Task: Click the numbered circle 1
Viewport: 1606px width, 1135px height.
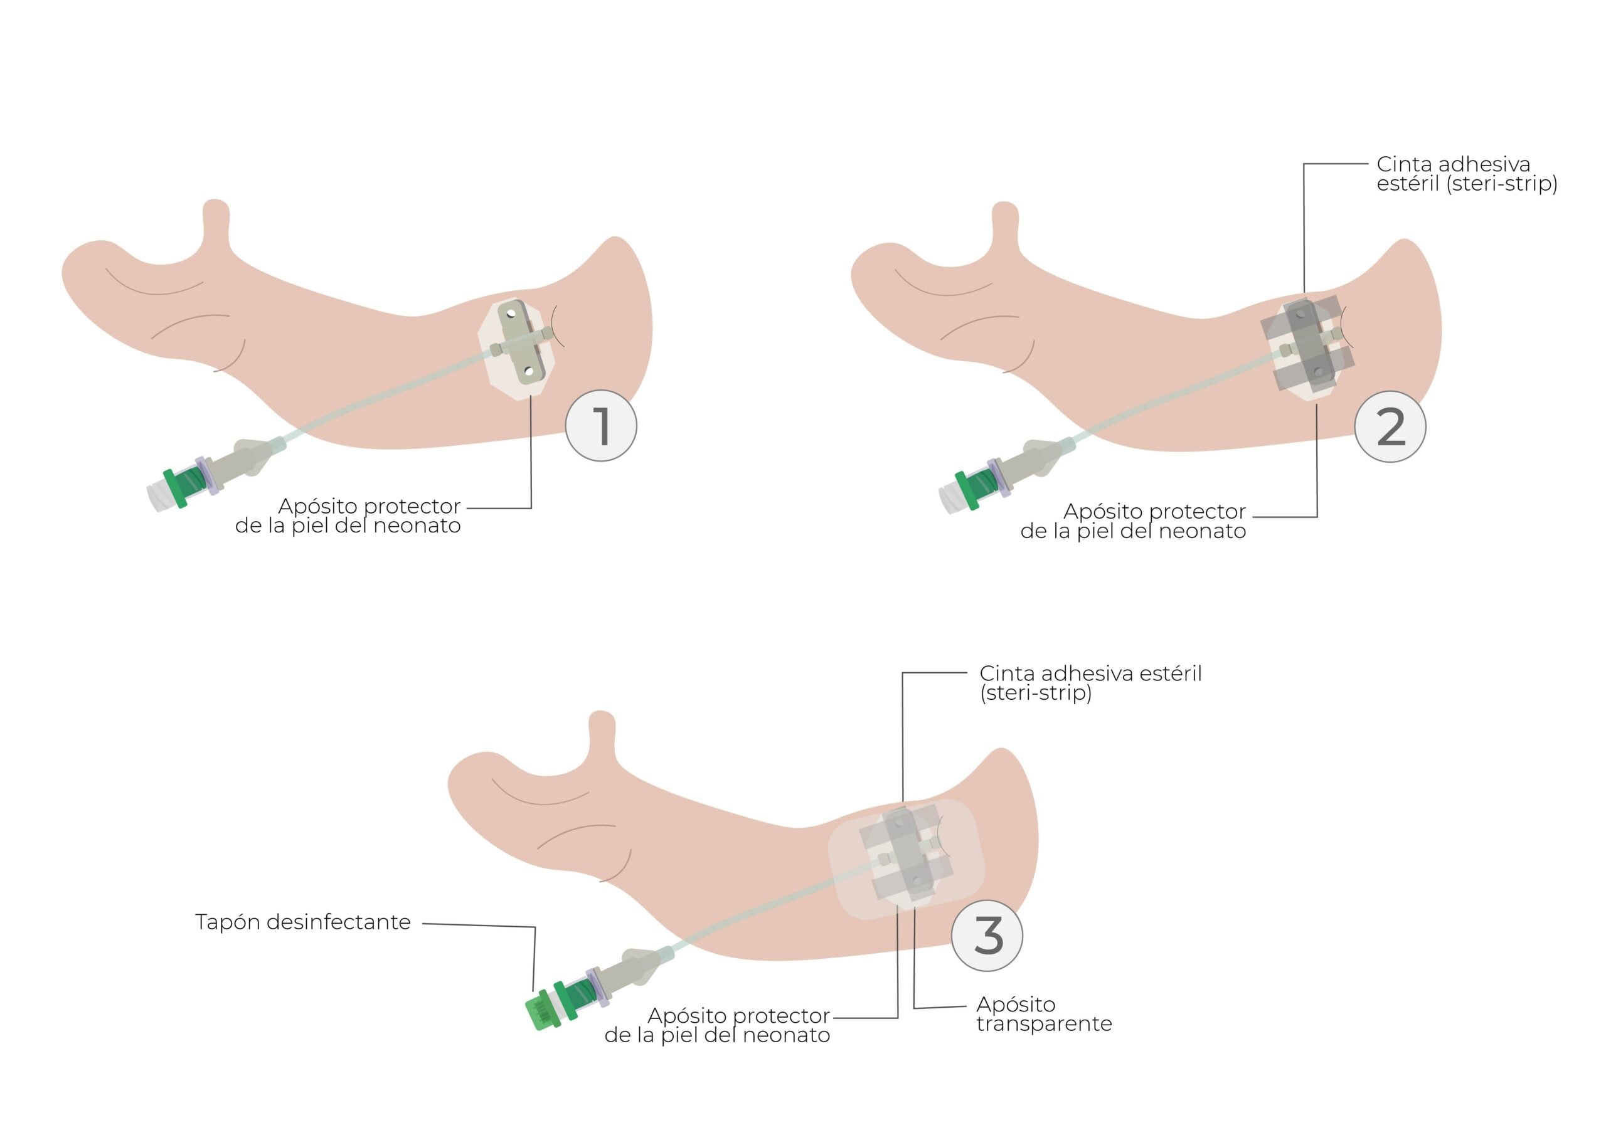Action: pyautogui.click(x=601, y=426)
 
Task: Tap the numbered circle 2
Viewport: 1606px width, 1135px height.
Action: pyautogui.click(x=1390, y=426)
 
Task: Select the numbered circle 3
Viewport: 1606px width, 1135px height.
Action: pyautogui.click(x=987, y=936)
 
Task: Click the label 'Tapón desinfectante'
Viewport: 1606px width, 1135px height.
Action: pyautogui.click(x=303, y=922)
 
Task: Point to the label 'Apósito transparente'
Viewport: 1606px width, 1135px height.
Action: pyautogui.click(x=1044, y=1014)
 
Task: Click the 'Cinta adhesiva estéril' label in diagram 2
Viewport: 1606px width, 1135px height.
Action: pyautogui.click(x=1466, y=174)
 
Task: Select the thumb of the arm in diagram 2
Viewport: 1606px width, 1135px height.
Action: pyautogui.click(x=1005, y=226)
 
